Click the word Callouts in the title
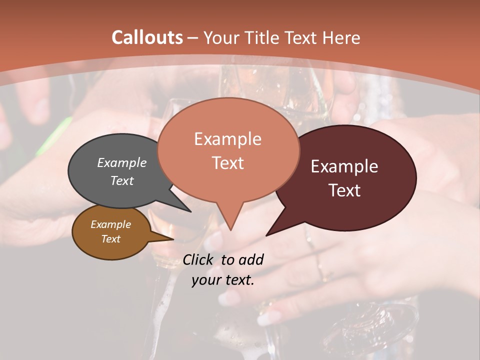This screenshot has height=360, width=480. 147,37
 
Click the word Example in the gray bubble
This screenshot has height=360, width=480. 122,162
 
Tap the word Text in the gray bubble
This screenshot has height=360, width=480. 122,180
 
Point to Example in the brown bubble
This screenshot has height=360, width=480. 110,224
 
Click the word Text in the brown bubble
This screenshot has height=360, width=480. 110,239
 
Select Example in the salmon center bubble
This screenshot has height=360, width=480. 227,139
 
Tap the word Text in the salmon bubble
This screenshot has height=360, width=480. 227,163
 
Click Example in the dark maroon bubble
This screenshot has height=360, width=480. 344,166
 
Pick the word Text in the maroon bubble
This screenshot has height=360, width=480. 344,190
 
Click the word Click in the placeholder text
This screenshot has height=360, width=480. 198,259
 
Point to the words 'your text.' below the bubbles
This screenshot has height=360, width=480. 222,280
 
